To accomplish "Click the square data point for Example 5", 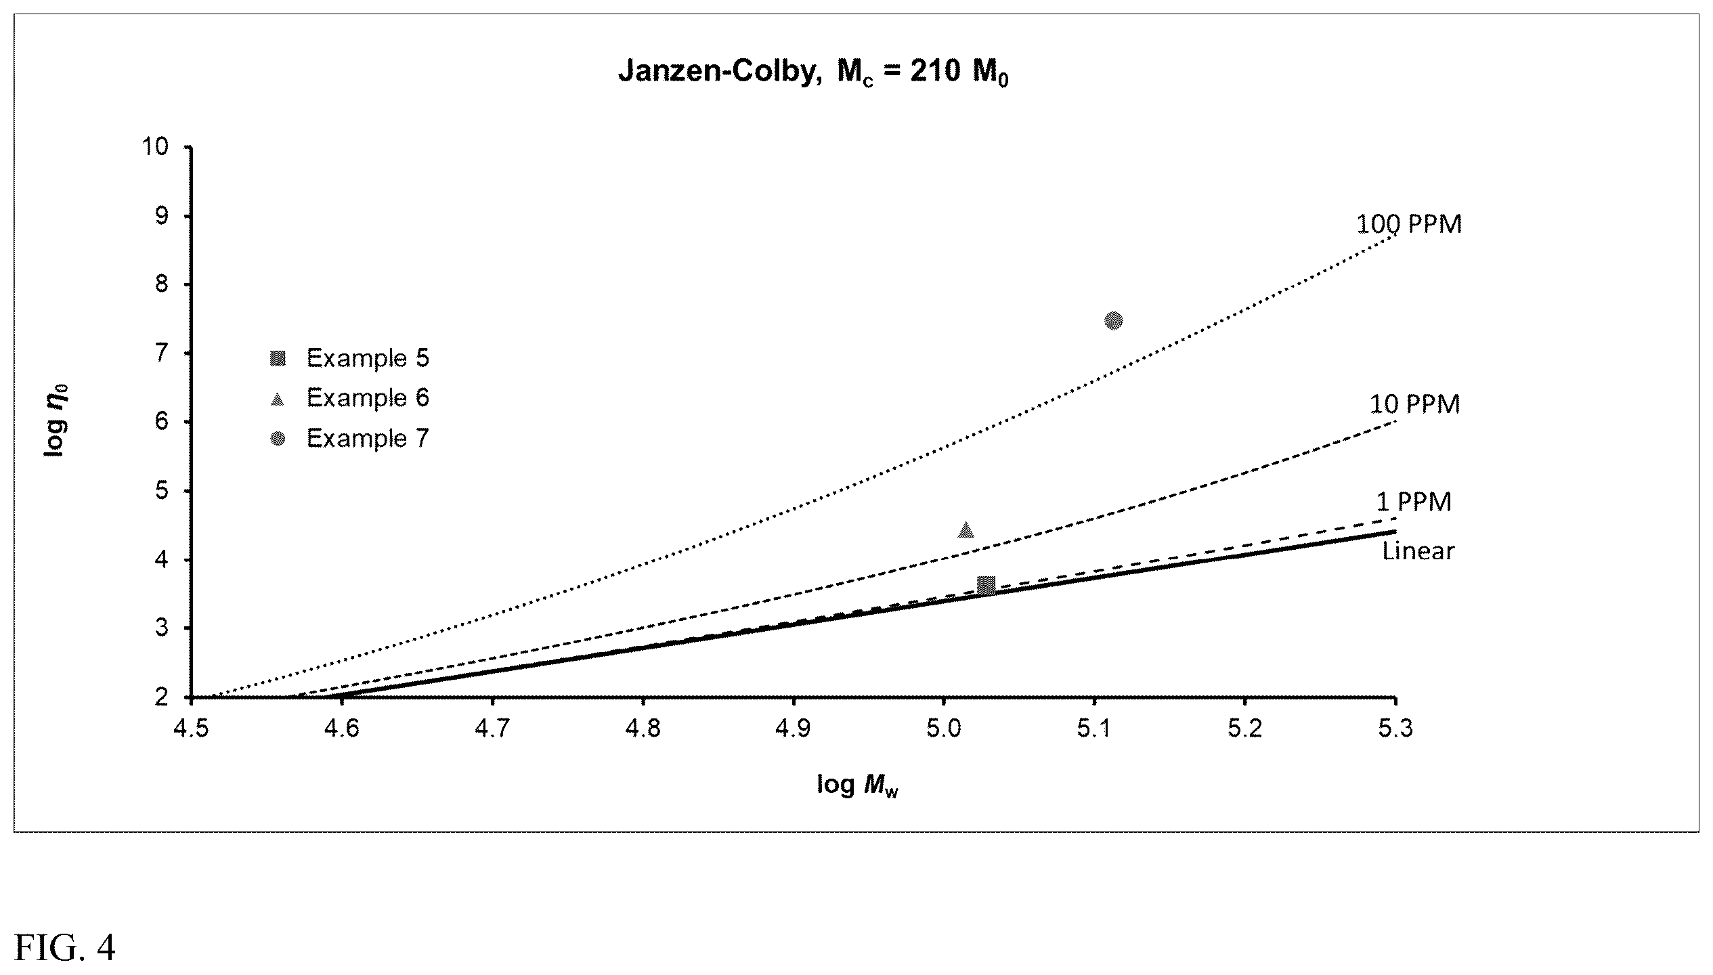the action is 986,586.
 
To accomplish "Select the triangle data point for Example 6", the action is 966,529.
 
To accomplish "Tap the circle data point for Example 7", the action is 1113,320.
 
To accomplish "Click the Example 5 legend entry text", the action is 368,358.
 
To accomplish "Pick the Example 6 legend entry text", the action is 368,398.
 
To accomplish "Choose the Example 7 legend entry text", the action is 368,439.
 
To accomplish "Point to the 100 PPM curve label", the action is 1409,225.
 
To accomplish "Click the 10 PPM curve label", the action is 1415,404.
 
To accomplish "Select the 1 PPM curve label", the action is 1414,502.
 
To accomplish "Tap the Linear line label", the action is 1418,551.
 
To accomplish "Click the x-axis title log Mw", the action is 857,785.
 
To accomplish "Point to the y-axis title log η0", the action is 56,421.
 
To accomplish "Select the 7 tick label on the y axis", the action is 162,353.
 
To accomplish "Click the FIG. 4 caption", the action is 65,948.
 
